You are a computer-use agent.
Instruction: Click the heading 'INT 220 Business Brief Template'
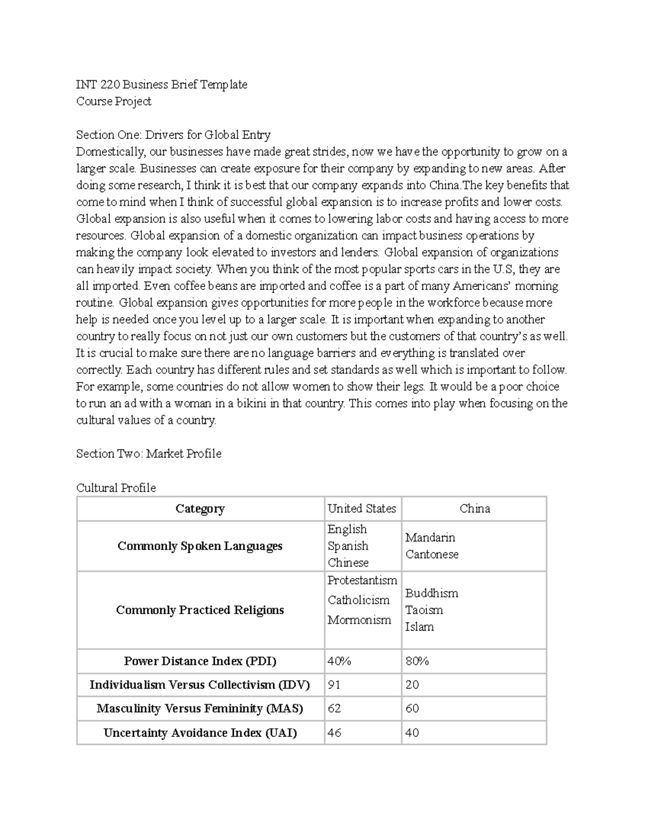[x=161, y=84]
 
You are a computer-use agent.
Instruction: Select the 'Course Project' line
[x=113, y=101]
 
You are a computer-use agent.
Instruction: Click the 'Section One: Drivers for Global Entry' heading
[x=173, y=135]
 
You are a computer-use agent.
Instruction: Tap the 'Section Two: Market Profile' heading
[x=148, y=453]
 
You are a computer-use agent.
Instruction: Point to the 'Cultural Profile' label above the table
[x=116, y=488]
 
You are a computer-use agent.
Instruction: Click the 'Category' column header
[x=200, y=508]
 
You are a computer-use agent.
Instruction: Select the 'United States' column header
[x=361, y=508]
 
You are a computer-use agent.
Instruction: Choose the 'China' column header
[x=475, y=508]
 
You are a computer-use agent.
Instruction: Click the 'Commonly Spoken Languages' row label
[x=200, y=546]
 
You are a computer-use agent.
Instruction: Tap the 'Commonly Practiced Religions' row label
[x=200, y=610]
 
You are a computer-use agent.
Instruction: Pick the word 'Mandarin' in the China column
[x=430, y=538]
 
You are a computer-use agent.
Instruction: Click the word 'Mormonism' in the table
[x=359, y=620]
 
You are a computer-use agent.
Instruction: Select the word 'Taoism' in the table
[x=424, y=610]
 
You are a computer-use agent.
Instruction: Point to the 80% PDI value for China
[x=417, y=661]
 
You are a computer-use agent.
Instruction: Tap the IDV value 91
[x=334, y=684]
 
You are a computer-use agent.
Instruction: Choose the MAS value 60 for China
[x=412, y=708]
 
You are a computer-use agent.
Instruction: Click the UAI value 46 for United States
[x=334, y=733]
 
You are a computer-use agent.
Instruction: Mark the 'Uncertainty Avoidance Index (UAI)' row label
[x=200, y=733]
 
